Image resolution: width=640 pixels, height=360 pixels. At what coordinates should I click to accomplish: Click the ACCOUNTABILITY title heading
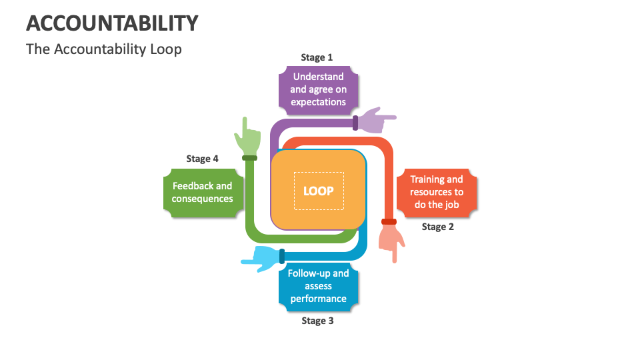pos(112,23)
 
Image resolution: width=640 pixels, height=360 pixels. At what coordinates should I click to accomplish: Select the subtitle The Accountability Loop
pos(103,49)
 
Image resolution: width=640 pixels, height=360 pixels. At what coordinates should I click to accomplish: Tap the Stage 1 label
pos(317,57)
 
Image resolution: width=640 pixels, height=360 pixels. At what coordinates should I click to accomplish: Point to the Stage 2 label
pos(438,227)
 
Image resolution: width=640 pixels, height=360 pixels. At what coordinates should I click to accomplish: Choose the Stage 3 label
pos(317,321)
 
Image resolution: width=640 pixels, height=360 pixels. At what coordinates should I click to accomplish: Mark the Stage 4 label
pos(202,159)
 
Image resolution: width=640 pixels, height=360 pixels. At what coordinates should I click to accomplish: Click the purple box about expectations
pos(318,89)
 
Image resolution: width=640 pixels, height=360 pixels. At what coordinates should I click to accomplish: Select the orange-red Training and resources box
pos(437,192)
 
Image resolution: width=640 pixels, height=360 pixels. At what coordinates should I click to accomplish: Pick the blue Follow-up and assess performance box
pos(318,286)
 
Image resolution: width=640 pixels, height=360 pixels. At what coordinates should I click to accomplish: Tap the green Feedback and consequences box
pos(203,193)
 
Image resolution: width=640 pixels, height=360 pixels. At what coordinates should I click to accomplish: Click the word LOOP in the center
pos(318,191)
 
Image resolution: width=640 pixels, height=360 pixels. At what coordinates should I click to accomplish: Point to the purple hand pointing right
pos(377,121)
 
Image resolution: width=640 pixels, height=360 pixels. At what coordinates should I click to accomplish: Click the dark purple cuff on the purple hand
pos(355,123)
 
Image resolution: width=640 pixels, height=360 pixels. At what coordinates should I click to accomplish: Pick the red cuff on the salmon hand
pos(389,221)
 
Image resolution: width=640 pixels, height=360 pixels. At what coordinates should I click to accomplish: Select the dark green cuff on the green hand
pos(249,158)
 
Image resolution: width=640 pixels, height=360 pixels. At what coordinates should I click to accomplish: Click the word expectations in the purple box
pos(318,102)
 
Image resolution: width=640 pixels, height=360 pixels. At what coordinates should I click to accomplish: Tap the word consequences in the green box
pos(203,199)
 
